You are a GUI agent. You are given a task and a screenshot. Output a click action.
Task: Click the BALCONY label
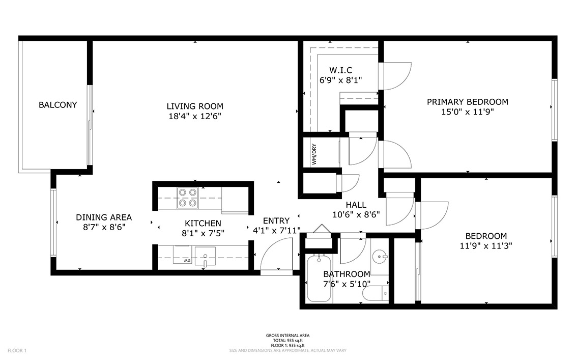57,105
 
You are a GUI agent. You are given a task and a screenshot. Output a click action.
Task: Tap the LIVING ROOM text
195,106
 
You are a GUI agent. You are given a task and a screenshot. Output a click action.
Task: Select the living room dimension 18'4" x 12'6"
195,117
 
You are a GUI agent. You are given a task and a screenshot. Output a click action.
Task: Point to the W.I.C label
340,70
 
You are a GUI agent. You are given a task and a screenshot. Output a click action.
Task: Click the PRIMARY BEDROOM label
467,102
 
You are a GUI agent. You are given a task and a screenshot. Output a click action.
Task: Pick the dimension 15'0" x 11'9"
467,112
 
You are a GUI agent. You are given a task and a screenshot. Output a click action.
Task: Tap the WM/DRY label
314,154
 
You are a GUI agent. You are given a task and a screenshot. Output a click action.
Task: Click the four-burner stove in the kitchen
187,198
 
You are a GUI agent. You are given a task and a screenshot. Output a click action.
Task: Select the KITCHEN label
203,223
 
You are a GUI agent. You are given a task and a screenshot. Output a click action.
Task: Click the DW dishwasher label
187,261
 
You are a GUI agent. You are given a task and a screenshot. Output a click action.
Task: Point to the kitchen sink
205,256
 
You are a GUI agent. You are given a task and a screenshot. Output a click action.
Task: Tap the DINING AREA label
104,217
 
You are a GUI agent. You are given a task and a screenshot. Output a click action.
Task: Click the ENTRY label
276,220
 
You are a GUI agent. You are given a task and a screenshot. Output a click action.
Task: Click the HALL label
356,205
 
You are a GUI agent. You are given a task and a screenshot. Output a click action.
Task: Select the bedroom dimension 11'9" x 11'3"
486,245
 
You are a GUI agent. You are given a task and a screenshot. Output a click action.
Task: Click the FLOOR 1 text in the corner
17,351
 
